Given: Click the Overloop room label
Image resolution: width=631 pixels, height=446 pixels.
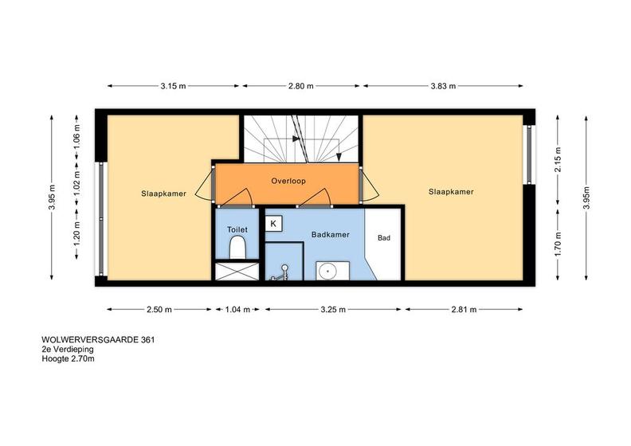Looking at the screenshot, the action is (x=288, y=181).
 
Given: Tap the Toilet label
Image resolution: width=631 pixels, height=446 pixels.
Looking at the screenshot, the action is (x=237, y=229).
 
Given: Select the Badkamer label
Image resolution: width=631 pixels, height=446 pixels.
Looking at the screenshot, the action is (x=331, y=234).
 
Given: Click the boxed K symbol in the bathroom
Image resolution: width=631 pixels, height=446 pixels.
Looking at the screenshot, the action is (x=273, y=224).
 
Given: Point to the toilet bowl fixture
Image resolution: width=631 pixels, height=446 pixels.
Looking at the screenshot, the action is (x=237, y=248).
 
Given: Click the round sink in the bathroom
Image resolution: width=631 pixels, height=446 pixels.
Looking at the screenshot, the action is (x=327, y=272).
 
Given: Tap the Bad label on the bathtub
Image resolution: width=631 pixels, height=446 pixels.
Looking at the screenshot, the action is (x=384, y=238).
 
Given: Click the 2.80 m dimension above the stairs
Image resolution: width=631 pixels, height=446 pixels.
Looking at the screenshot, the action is (x=300, y=86).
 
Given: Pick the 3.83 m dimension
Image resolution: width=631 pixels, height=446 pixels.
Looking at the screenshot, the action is (x=443, y=86).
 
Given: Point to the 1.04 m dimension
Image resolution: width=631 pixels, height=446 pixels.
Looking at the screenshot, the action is (x=237, y=309).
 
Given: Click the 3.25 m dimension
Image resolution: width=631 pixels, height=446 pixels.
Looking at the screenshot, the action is (x=333, y=309).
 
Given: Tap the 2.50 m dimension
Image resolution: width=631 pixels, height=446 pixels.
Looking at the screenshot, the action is (x=159, y=309).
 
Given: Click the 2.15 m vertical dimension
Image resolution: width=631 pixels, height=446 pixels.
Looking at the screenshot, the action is (x=558, y=159).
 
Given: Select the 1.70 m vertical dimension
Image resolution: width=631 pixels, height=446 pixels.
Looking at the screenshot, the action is (x=558, y=245).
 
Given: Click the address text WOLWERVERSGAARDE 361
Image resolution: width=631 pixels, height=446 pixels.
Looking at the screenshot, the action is (x=98, y=340).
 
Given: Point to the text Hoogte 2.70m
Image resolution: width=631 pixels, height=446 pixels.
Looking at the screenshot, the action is (x=68, y=358).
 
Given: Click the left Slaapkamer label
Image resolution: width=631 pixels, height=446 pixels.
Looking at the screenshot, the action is (x=163, y=194).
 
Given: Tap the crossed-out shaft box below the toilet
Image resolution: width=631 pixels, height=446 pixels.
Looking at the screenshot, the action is (x=237, y=271).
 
